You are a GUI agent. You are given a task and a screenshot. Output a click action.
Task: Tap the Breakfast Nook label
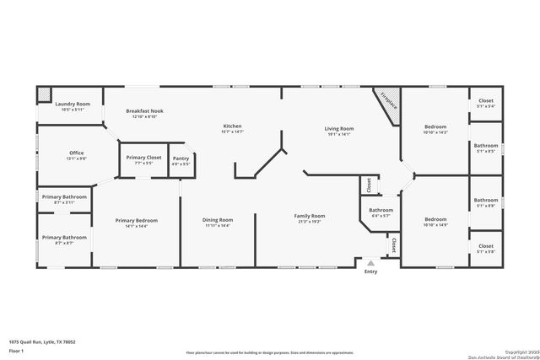tap(143, 111)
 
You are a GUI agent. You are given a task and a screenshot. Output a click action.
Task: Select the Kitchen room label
tap(232, 126)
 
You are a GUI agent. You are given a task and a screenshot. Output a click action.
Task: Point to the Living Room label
tap(339, 129)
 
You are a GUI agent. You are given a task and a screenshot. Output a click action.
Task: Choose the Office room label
tap(76, 153)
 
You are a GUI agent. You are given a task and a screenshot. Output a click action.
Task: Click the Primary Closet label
tap(143, 158)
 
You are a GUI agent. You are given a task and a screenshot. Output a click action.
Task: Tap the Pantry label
tap(181, 159)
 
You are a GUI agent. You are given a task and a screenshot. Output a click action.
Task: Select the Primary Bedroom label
tap(136, 221)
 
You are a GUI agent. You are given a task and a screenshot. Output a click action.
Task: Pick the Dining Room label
tap(218, 221)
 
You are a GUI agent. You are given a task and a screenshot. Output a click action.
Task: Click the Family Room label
tap(310, 216)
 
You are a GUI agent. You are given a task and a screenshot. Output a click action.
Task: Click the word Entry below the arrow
tap(370, 271)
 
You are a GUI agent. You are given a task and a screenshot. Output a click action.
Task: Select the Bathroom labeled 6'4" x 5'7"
tap(381, 210)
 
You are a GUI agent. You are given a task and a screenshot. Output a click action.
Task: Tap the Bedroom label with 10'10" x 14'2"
tap(436, 127)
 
